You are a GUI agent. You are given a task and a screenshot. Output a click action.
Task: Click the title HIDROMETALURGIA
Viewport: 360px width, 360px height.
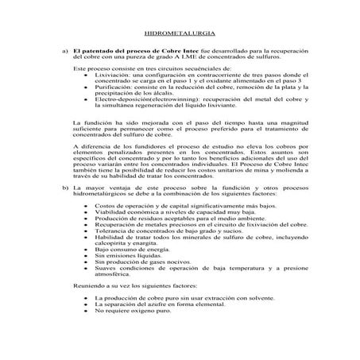[179, 37]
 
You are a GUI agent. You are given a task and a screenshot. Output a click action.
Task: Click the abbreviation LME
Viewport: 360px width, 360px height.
[203, 56]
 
